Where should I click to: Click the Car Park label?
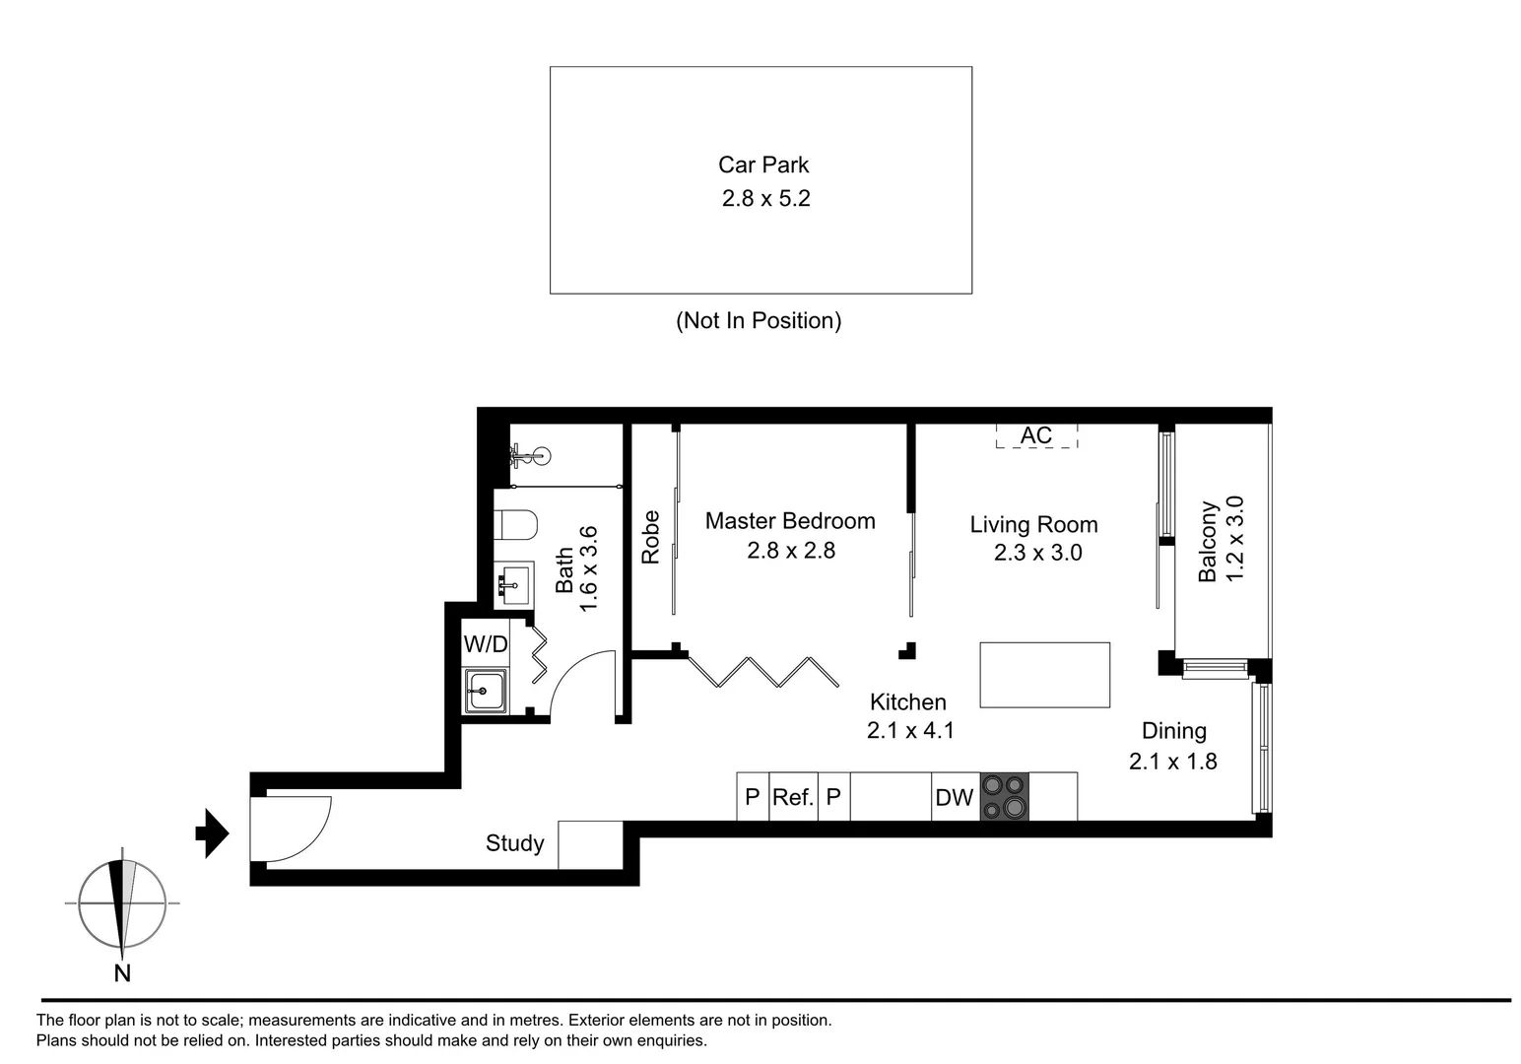pos(763,166)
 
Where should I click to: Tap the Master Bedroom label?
pos(790,521)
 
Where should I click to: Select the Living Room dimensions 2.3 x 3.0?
pos(1037,553)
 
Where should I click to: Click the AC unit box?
pos(1036,435)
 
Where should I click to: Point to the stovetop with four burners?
pos(1004,796)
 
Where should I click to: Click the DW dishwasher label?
pos(954,797)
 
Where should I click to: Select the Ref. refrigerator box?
pos(793,796)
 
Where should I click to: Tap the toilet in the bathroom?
pos(514,524)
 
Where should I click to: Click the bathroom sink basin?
pos(511,585)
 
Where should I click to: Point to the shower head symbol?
pos(530,455)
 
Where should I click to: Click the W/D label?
pos(486,644)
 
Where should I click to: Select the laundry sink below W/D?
pos(485,690)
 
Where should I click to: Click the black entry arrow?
pos(213,833)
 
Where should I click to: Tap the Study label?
pos(514,843)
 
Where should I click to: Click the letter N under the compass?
pos(122,973)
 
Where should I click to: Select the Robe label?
pos(650,537)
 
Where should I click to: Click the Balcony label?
pos(1208,542)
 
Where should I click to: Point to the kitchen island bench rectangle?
pos(1044,675)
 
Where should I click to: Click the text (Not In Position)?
pos(759,320)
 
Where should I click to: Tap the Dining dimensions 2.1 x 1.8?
pos(1172,762)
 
